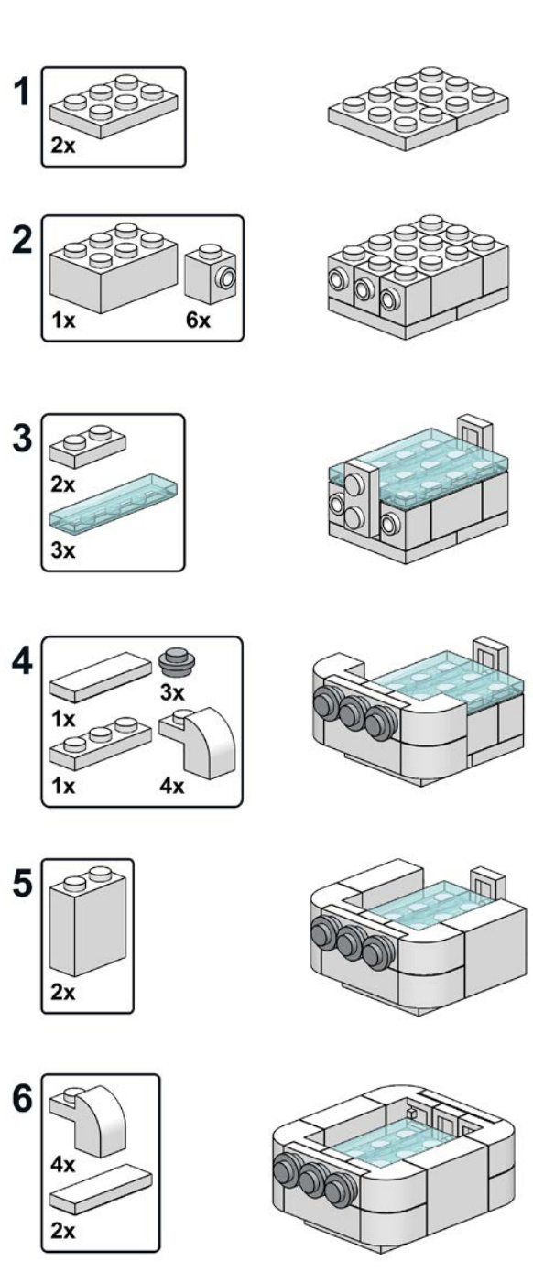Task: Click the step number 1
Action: coord(21,92)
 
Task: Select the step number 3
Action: coord(22,439)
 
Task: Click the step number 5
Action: coord(22,883)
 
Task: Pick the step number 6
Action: coord(22,1098)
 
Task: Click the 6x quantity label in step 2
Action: coord(198,320)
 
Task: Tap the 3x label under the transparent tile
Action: coord(63,550)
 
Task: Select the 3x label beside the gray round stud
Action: coord(172,692)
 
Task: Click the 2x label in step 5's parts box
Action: coord(63,992)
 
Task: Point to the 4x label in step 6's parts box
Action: coord(63,1164)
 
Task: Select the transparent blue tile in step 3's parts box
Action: coord(114,499)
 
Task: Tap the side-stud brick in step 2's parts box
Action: coord(210,274)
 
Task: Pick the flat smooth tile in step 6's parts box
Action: coord(101,1191)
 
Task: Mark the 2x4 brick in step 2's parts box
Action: coord(114,266)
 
